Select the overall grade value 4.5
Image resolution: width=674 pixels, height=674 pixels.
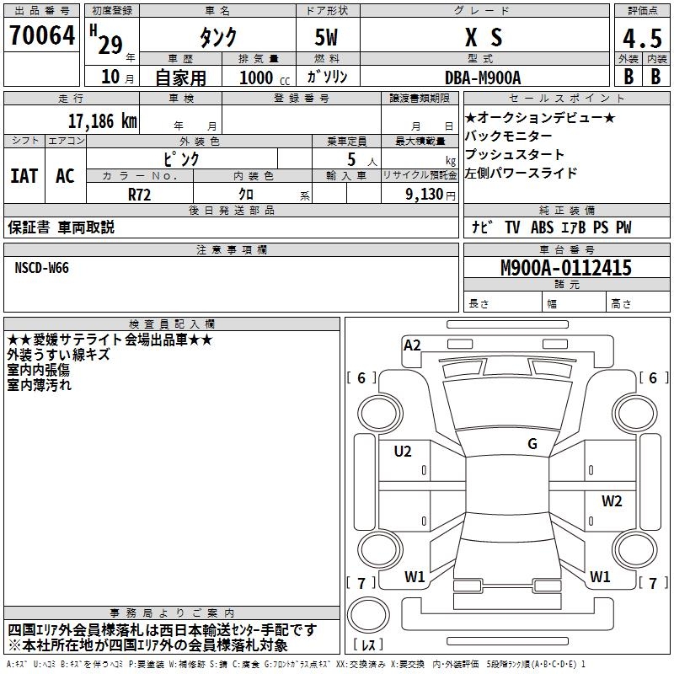pos(641,38)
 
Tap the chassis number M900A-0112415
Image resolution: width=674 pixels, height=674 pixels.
pos(565,269)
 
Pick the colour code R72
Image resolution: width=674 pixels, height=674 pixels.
pos(140,193)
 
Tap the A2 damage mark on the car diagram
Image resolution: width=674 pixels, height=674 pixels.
pos(412,345)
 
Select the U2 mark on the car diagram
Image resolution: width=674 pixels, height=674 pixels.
pos(403,452)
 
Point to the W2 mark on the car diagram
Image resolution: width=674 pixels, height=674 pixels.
pos(612,501)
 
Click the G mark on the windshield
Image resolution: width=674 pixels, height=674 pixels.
pos(532,443)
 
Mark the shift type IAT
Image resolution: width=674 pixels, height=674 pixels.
pos(24,176)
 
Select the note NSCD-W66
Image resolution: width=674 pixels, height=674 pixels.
pos(42,268)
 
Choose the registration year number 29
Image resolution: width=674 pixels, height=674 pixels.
pos(110,44)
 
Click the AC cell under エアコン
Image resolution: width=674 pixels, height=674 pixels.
pos(65,176)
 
